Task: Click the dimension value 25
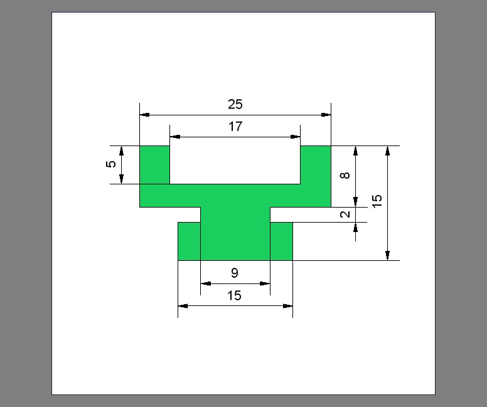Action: (235, 104)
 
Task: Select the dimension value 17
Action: (235, 127)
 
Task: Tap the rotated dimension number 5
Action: (111, 164)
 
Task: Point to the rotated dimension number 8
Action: (345, 176)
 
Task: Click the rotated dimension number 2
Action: (345, 214)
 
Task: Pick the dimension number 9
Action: (235, 273)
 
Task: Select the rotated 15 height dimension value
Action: (377, 201)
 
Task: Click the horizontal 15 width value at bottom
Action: (234, 295)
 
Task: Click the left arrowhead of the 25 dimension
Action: (144, 115)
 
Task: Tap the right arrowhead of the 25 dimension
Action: (326, 115)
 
